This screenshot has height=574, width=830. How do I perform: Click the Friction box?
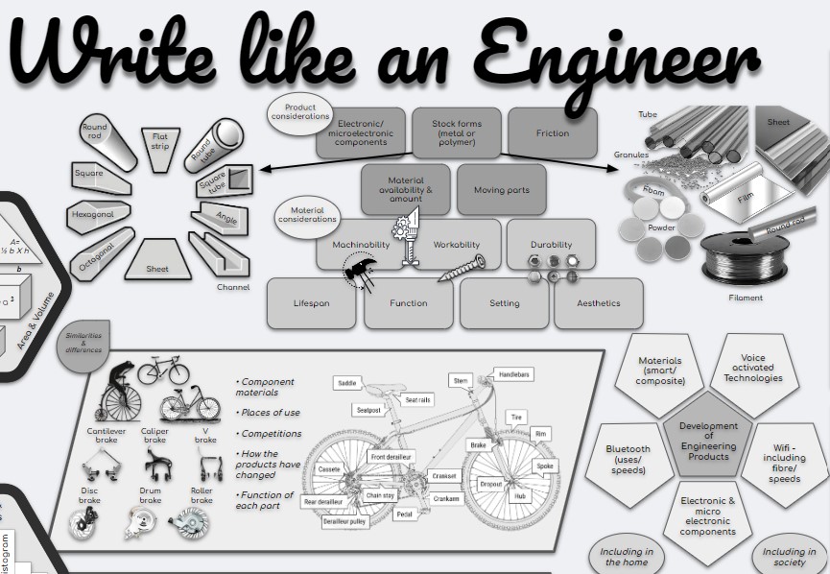pyautogui.click(x=552, y=133)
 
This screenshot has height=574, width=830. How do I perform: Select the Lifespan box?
pyautogui.click(x=311, y=303)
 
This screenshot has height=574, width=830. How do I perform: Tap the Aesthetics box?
pyautogui.click(x=598, y=303)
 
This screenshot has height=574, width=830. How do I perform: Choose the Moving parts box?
pyautogui.click(x=501, y=190)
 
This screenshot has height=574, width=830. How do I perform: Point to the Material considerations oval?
pyautogui.click(x=307, y=215)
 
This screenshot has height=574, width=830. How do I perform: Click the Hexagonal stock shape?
pyautogui.click(x=92, y=215)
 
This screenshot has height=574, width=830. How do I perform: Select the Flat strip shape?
pyautogui.click(x=160, y=141)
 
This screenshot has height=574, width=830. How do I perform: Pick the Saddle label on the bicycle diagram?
pyautogui.click(x=345, y=383)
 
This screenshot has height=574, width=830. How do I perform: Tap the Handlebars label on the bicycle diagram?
pyautogui.click(x=514, y=373)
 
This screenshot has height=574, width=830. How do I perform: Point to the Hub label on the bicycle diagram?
pyautogui.click(x=519, y=496)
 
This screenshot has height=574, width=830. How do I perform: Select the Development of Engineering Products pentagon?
pyautogui.click(x=708, y=441)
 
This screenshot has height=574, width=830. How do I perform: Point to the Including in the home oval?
pyautogui.click(x=627, y=557)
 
